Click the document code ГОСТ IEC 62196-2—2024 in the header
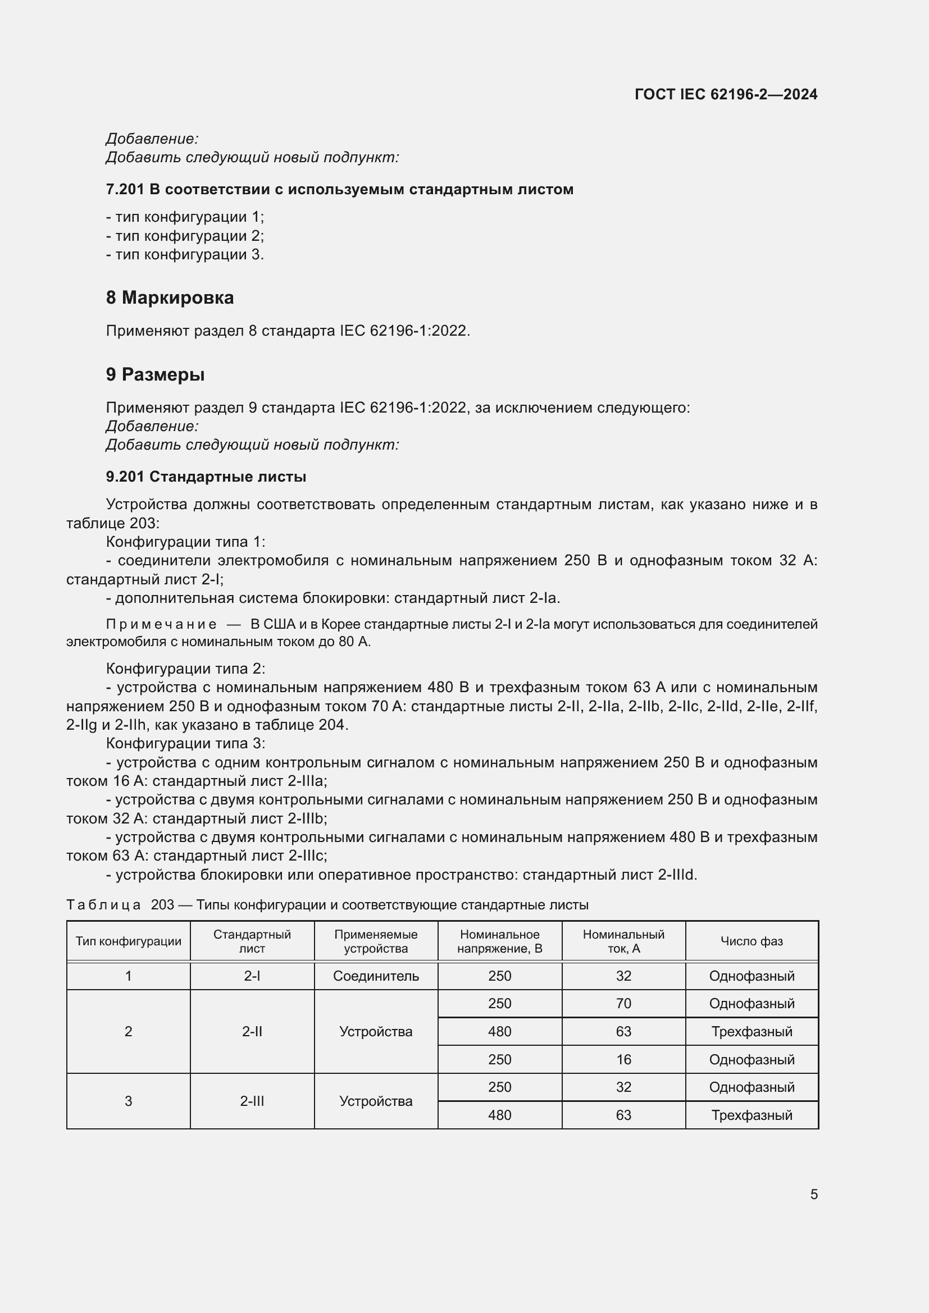coord(725,94)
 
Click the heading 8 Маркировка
coord(169,298)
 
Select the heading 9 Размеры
coord(155,374)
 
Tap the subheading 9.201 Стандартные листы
coord(206,477)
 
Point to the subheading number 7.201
coord(125,189)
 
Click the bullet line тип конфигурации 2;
coord(185,236)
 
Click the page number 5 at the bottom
coord(813,1195)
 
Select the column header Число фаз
coord(751,941)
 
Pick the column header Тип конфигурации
coord(128,941)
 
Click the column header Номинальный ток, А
coord(623,941)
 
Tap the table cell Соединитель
coord(376,976)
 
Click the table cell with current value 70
coord(623,1004)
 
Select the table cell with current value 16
coord(623,1060)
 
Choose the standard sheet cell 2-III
coord(252,1101)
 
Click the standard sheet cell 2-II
coord(252,1032)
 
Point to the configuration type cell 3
coord(128,1101)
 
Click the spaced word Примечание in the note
coord(161,624)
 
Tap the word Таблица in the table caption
coord(103,905)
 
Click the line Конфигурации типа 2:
coord(185,669)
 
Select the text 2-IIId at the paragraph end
coord(677,875)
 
